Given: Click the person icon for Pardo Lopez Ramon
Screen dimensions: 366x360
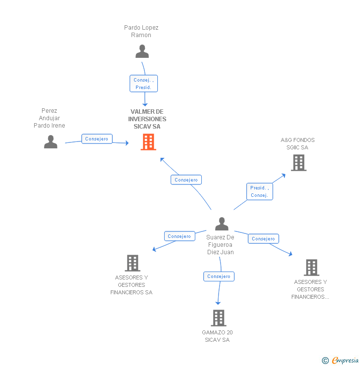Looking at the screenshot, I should pyautogui.click(x=142, y=51).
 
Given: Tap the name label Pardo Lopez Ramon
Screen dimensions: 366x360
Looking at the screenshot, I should pyautogui.click(x=141, y=32).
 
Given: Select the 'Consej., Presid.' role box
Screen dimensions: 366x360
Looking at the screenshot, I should pyautogui.click(x=144, y=83).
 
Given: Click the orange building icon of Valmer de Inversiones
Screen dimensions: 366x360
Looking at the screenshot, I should pyautogui.click(x=148, y=142).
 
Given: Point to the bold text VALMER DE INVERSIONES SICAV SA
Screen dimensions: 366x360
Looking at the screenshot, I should pyautogui.click(x=147, y=119).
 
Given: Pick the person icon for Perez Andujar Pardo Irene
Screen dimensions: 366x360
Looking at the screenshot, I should pyautogui.click(x=50, y=142).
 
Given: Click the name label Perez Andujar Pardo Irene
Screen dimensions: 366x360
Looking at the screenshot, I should pyautogui.click(x=49, y=118).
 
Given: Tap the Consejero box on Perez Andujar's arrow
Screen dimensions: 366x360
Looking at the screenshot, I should pyautogui.click(x=96, y=139).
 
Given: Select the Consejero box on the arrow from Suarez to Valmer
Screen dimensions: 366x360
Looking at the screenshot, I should pyautogui.click(x=186, y=180).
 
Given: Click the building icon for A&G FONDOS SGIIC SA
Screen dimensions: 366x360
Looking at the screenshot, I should pyautogui.click(x=298, y=163).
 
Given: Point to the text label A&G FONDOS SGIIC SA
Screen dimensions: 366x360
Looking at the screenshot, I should pyautogui.click(x=297, y=144).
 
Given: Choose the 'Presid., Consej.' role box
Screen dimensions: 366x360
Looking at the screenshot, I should pyautogui.click(x=260, y=191).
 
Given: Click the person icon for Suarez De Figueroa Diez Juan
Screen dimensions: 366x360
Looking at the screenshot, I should pyautogui.click(x=222, y=224).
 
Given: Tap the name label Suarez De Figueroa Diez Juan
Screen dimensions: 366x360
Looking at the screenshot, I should pyautogui.click(x=220, y=245).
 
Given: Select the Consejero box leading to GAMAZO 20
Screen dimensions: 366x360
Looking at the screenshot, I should pyautogui.click(x=219, y=276).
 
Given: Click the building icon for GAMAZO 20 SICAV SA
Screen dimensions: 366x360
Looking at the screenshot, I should pyautogui.click(x=219, y=318).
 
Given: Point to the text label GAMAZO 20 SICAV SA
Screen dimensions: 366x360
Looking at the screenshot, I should pyautogui.click(x=217, y=336).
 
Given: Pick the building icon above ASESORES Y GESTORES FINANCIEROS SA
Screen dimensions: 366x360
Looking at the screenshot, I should pyautogui.click(x=133, y=263).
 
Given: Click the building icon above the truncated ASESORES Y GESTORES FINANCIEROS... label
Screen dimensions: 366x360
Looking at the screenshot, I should pyautogui.click(x=311, y=268).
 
